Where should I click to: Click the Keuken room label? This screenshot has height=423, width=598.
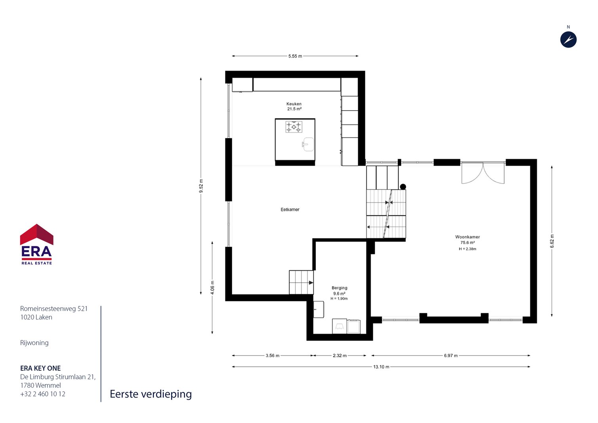tap(294, 104)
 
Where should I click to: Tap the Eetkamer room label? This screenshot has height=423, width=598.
tap(290, 210)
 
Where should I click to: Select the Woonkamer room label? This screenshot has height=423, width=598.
tap(468, 237)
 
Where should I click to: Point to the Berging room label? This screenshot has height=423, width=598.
tap(339, 288)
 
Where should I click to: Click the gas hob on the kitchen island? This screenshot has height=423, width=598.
tap(294, 127)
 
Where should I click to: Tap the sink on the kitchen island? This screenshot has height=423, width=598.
tap(308, 144)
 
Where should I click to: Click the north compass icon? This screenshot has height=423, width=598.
tap(568, 40)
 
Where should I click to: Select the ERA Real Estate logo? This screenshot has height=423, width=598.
tap(36, 244)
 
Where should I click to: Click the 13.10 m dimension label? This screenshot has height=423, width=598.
tap(381, 367)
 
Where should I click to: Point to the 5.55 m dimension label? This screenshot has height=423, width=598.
tap(295, 56)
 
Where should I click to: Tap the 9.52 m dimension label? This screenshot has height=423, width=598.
tap(201, 186)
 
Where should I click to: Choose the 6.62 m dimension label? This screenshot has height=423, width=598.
tap(552, 241)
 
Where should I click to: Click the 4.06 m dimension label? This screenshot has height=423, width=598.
tap(212, 287)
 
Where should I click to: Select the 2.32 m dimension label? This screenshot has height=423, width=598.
tap(340, 356)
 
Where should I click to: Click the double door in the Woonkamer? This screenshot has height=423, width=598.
tap(483, 173)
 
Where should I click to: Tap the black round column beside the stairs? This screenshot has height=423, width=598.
tap(403, 187)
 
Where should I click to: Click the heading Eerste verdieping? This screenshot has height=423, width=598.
tap(151, 394)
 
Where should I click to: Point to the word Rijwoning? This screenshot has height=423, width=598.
tap(34, 343)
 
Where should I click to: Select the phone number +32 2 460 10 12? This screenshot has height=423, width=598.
tap(43, 394)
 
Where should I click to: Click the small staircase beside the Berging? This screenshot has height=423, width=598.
tap(301, 282)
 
